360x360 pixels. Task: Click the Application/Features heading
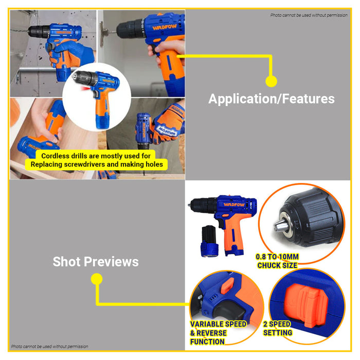(x=271, y=99)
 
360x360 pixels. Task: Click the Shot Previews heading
(x=96, y=262)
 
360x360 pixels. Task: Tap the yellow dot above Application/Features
(x=271, y=81)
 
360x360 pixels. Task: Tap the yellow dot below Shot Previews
(x=96, y=279)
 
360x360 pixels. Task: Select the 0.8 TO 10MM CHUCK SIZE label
(x=277, y=261)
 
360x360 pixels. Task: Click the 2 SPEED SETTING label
(x=278, y=328)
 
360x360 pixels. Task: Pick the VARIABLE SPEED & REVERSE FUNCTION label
(x=218, y=333)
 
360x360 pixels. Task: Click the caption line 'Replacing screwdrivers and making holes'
(x=97, y=165)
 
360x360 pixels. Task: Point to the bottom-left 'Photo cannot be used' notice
(x=49, y=346)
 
